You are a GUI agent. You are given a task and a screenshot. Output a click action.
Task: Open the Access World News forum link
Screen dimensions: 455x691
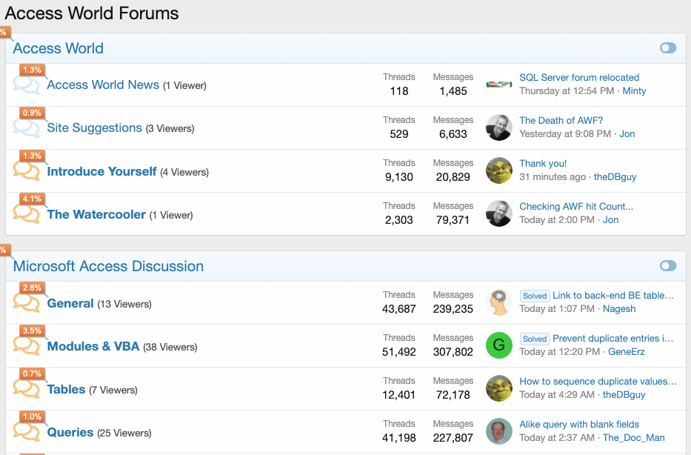coord(103,85)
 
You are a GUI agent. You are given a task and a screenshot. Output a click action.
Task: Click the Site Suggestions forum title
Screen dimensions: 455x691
coord(94,128)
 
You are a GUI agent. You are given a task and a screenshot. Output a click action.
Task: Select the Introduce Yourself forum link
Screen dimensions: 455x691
coord(101,171)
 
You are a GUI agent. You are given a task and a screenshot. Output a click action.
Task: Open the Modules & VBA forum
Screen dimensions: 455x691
coord(93,346)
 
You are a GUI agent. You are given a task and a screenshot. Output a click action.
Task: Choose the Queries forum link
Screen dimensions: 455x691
coord(70,432)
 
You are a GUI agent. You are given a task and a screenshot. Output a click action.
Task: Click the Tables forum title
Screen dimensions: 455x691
coord(66,389)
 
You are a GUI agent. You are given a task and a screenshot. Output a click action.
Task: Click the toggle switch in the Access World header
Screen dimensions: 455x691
coord(668,48)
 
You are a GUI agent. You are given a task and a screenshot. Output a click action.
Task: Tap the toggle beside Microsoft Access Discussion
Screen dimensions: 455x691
coord(668,266)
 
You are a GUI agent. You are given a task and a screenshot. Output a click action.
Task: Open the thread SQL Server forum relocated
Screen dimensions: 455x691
coord(579,77)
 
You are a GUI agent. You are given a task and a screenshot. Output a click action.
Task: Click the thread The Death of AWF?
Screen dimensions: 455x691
coord(561,120)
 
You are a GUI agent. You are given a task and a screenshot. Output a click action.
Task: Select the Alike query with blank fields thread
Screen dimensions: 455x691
coord(579,424)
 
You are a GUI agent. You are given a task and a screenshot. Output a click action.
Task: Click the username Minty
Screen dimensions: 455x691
coord(634,91)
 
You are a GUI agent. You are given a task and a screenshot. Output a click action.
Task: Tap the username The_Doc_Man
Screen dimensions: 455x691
coord(634,438)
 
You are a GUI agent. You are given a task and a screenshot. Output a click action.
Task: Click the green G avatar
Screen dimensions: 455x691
coord(499,345)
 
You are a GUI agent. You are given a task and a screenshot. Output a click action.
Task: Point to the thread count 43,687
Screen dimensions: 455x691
coord(399,309)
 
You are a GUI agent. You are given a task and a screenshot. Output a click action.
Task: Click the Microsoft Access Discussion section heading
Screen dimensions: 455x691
coord(108,266)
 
